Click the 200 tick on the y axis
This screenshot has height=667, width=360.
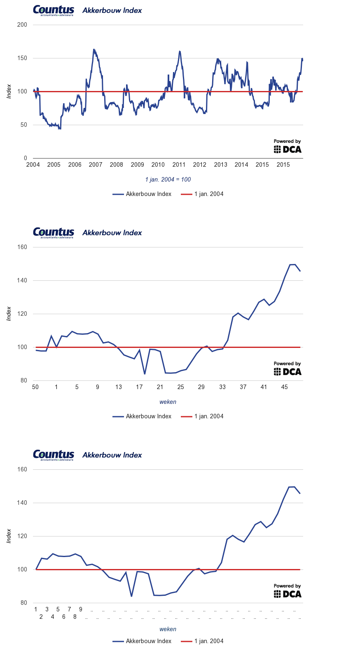tap(22, 25)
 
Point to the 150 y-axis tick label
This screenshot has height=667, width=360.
tap(22, 58)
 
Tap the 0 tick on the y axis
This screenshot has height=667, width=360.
tap(26, 158)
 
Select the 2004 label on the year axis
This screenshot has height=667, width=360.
tap(33, 165)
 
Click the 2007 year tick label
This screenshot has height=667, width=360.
tap(96, 165)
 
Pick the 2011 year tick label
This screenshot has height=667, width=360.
tap(179, 165)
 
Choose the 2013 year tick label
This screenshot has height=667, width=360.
tap(220, 165)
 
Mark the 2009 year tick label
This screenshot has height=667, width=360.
tap(137, 165)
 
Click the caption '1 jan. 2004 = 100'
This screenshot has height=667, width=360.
tap(168, 180)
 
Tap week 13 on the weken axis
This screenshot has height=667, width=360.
tap(119, 387)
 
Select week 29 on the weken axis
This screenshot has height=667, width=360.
tap(201, 387)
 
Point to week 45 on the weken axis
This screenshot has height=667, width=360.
tap(285, 387)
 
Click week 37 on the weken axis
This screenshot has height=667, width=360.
tap(243, 387)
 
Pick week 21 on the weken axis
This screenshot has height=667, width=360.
tap(160, 387)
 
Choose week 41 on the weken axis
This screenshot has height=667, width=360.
tap(264, 387)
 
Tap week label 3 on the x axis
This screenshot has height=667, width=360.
tap(47, 609)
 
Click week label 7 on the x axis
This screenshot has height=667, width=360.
tap(69, 609)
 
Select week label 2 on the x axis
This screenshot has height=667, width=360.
tap(41, 617)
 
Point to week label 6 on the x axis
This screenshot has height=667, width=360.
tap(64, 617)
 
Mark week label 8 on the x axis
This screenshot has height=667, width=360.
tap(75, 617)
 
